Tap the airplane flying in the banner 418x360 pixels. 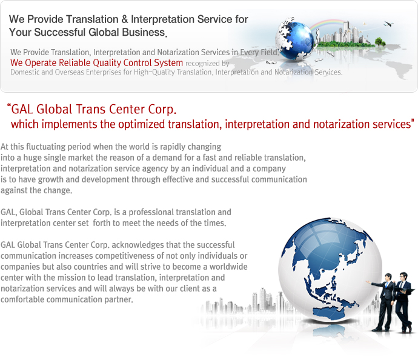(x=388, y=24)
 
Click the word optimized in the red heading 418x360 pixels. (x=142, y=124)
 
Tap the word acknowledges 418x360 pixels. (x=138, y=245)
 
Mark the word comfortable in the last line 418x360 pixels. (x=22, y=299)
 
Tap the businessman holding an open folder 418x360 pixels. (x=404, y=302)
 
